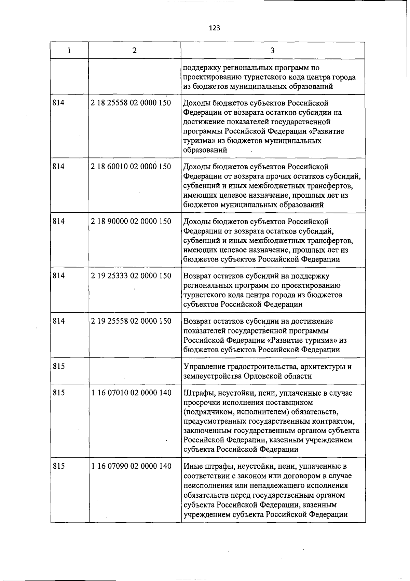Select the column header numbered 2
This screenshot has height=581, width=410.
tap(135, 51)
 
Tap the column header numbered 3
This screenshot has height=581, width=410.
tap(272, 51)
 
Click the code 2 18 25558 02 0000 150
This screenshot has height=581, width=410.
tap(131, 102)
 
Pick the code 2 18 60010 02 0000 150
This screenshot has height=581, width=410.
tap(131, 167)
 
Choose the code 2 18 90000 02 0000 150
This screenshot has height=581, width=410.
tap(131, 221)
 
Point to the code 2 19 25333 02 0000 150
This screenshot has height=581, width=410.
tap(131, 276)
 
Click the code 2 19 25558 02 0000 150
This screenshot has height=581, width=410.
tap(131, 321)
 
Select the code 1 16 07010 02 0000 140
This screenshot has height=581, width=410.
tap(131, 393)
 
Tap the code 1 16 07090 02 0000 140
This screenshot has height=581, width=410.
tap(131, 466)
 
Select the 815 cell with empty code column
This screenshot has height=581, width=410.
tap(59, 367)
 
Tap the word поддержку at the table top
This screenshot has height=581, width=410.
tap(200, 68)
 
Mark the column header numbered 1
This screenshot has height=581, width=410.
tap(69, 51)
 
